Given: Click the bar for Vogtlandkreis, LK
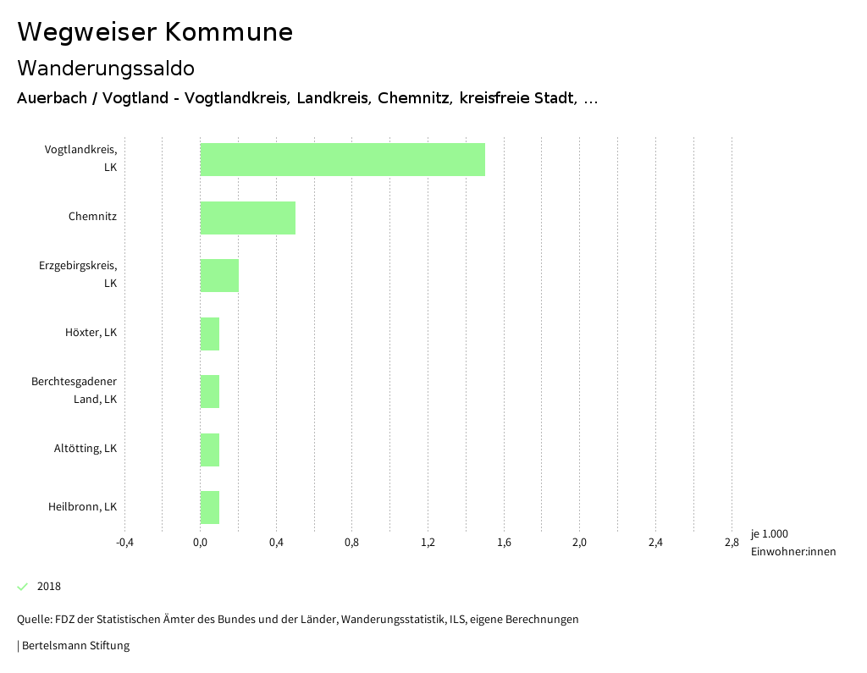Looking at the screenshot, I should coord(342,159).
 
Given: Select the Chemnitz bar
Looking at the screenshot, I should coord(247,218).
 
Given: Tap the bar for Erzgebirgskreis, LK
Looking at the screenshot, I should coord(219,275).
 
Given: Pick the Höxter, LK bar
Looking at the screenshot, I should coord(210,334).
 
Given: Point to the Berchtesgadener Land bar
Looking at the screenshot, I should coord(210,391).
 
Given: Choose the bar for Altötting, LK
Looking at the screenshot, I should coord(210,450).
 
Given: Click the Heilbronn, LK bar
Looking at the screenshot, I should coord(210,507).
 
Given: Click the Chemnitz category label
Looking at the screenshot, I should coord(92,217).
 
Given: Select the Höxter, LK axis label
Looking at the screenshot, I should coord(91,333).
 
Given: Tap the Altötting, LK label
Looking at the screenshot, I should coord(86,449).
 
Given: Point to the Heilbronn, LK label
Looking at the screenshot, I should coord(82,507).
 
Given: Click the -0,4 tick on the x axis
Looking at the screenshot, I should coord(124,543).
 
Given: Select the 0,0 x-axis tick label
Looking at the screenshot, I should coord(201,543).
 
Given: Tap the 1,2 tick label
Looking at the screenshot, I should coord(428,543).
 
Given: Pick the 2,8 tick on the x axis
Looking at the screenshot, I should coord(731,543).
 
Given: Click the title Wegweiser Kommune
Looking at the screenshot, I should coord(155,32).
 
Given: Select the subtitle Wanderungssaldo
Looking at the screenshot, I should coord(106,68).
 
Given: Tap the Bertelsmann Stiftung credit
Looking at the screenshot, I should coord(75,646).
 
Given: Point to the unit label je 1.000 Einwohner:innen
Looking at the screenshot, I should coord(792,543).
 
